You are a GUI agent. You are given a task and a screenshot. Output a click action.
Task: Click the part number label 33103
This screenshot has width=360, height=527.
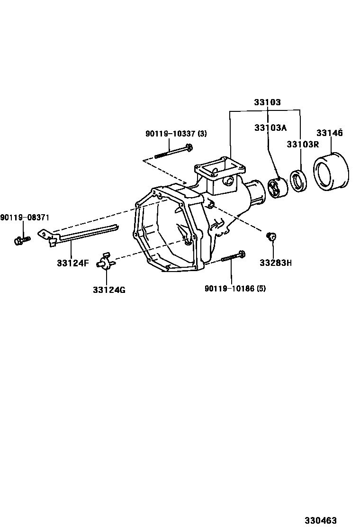[267, 102]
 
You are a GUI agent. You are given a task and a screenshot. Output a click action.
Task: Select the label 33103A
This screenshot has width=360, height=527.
[270, 127]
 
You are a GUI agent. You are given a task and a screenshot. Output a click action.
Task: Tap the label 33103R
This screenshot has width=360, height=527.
[303, 144]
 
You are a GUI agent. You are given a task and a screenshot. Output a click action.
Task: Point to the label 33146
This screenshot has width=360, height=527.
[329, 133]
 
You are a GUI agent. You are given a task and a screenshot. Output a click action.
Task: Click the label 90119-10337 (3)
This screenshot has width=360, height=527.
[176, 134]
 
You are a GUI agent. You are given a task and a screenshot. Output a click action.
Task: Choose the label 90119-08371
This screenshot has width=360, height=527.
[25, 218]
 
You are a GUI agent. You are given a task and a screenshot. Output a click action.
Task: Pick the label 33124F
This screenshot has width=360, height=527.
[73, 263]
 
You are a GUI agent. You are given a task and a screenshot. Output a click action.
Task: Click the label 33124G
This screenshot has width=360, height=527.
[109, 290]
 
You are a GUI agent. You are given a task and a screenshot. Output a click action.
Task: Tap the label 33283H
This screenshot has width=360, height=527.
[276, 263]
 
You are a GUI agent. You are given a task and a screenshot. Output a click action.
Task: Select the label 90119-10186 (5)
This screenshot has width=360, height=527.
[235, 288]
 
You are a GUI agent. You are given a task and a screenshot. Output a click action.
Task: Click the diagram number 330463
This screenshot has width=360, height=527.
[320, 521]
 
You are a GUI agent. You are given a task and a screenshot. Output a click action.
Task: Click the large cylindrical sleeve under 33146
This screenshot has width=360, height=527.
[331, 172]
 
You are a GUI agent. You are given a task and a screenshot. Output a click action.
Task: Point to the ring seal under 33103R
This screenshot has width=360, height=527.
[298, 181]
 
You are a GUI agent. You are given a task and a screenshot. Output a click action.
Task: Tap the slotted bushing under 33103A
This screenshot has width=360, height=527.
[278, 188]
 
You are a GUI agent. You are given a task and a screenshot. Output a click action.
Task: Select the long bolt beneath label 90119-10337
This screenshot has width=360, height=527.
[173, 151]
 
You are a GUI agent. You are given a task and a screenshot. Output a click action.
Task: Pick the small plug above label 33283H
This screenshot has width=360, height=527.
[271, 236]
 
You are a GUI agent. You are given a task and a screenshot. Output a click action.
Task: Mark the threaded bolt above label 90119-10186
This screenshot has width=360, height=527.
[233, 256]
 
